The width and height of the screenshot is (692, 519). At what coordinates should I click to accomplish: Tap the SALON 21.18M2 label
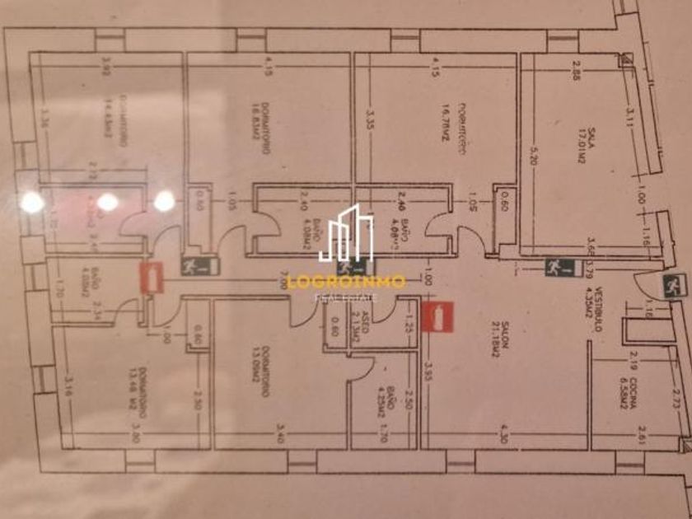(x=497, y=348)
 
